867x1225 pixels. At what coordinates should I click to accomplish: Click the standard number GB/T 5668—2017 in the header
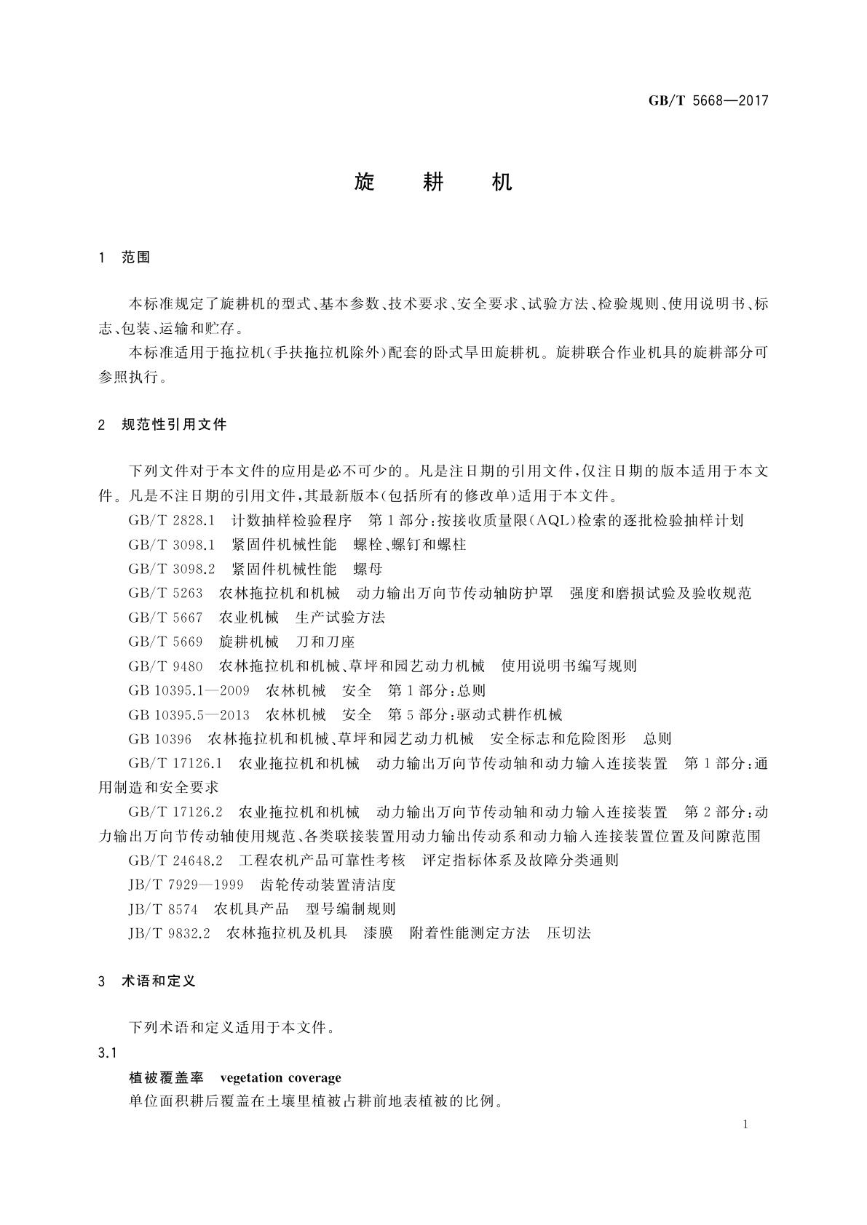click(x=708, y=101)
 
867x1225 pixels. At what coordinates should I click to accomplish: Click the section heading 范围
click(x=136, y=258)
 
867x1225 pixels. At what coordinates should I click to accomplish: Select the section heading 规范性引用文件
click(x=174, y=425)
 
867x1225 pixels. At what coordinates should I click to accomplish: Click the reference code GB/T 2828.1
click(x=172, y=521)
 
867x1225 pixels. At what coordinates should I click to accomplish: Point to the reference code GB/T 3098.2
click(x=172, y=569)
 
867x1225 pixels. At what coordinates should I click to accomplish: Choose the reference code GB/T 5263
click(x=165, y=594)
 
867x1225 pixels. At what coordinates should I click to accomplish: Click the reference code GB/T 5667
click(x=165, y=618)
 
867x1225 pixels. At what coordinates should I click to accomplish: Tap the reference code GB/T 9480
click(x=165, y=666)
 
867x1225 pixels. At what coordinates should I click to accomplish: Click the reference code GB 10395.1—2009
click(x=189, y=690)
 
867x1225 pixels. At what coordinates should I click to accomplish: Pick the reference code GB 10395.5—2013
click(x=189, y=715)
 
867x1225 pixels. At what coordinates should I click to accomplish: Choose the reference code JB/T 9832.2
click(x=170, y=933)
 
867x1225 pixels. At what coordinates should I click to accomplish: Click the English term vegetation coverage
click(x=280, y=1077)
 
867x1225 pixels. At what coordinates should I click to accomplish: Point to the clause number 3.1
click(x=107, y=1053)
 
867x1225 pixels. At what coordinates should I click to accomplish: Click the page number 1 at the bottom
click(x=745, y=1125)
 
